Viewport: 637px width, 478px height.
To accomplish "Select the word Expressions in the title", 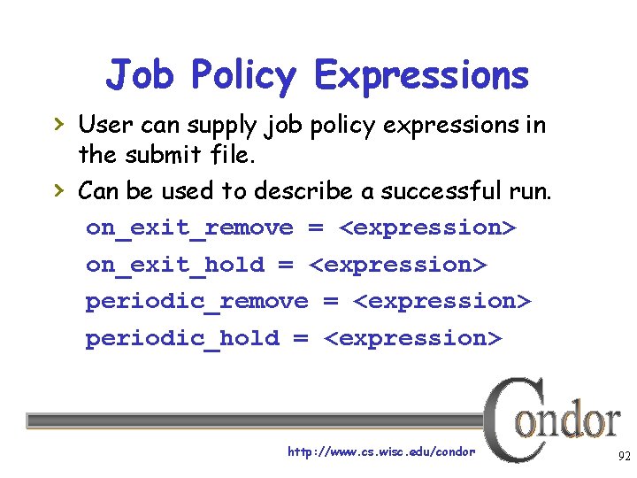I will click(x=421, y=76).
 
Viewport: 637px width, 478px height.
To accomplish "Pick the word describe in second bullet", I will click(x=298, y=191).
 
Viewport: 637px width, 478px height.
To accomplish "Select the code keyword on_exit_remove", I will click(x=188, y=228).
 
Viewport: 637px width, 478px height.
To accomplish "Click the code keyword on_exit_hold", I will click(x=174, y=265).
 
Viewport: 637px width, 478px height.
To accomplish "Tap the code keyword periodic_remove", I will click(x=196, y=302).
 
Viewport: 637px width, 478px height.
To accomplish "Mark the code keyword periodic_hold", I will click(x=181, y=338).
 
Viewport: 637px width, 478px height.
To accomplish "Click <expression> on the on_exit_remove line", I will click(x=427, y=228).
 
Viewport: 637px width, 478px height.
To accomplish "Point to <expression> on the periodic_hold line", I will click(x=413, y=338).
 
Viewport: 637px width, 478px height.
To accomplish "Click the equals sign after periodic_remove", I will click(x=331, y=302).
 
